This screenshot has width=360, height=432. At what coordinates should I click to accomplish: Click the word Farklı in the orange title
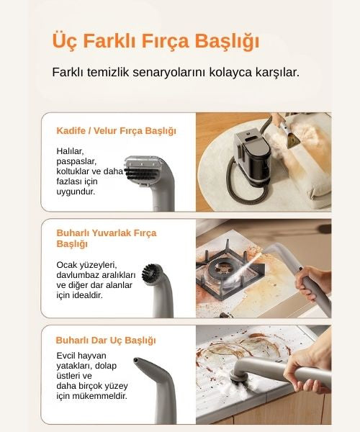[109, 41]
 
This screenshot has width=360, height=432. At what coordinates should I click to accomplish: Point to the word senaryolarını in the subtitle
[169, 73]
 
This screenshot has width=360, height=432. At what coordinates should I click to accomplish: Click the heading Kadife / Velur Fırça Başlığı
[116, 131]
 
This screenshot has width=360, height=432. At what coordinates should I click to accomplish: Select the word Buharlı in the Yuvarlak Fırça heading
[73, 233]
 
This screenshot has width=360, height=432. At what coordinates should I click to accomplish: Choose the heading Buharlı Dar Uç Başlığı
[106, 341]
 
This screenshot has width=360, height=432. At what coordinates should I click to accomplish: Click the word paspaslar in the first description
[76, 162]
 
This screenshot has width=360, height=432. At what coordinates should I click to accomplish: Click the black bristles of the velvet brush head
[142, 174]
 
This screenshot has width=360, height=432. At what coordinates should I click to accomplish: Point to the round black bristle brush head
[150, 273]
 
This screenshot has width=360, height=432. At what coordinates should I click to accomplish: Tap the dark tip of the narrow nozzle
[136, 360]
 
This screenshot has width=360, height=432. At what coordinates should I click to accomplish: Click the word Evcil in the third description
[66, 356]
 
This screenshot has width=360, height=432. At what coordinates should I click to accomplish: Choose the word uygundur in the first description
[76, 192]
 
